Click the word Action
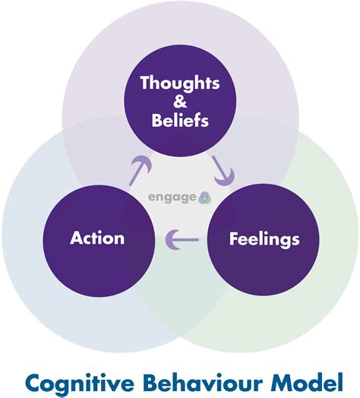(x=97, y=238)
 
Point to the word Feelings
(x=264, y=239)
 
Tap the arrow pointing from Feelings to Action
(x=182, y=241)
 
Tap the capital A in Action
(x=76, y=238)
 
